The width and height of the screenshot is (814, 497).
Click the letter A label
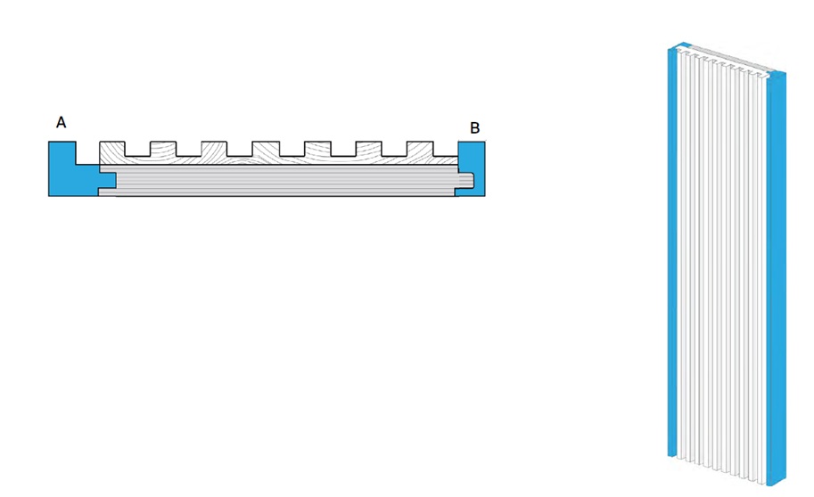61,122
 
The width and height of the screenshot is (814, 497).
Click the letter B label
474,127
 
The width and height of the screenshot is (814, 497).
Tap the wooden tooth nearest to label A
112,149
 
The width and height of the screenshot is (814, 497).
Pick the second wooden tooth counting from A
163,149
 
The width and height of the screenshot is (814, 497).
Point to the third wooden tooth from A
214,149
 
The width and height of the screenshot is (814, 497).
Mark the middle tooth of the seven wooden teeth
266,149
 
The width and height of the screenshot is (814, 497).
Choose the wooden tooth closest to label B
419,149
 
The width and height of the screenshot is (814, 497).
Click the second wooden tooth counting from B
368,149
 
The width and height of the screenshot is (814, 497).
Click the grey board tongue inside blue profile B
466,180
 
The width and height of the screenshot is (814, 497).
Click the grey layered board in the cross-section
285,181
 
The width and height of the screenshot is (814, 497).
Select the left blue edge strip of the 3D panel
673,251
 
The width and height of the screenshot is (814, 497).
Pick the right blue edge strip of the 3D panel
776,278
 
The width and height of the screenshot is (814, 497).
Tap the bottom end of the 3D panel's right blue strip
777,484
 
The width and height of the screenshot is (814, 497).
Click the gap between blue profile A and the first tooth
87,152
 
